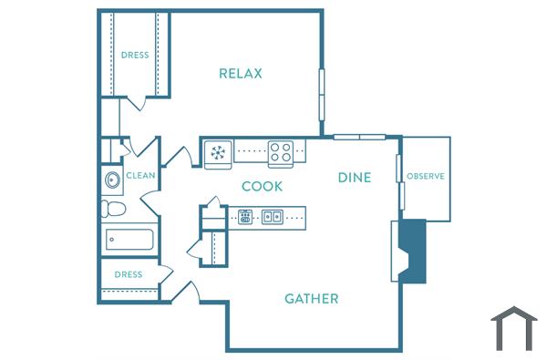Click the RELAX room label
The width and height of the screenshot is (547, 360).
pyautogui.click(x=241, y=73)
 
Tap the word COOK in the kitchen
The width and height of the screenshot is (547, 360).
pyautogui.click(x=262, y=186)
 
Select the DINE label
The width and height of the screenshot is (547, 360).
pyautogui.click(x=355, y=177)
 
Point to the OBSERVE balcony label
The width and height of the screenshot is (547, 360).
pyautogui.click(x=425, y=176)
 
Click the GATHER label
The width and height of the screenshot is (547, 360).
pyautogui.click(x=312, y=298)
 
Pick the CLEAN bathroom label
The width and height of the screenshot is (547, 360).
pyautogui.click(x=140, y=176)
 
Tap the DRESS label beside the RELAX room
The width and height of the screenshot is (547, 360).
pyautogui.click(x=135, y=55)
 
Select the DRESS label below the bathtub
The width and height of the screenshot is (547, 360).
pyautogui.click(x=128, y=274)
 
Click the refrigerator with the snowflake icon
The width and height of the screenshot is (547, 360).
pyautogui.click(x=219, y=152)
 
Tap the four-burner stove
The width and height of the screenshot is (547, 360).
pyautogui.click(x=280, y=152)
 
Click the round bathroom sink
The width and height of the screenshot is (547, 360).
pyautogui.click(x=112, y=180)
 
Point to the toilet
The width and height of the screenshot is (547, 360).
pyautogui.click(x=113, y=209)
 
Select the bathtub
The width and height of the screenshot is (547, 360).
pyautogui.click(x=129, y=240)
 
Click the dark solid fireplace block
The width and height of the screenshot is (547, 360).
pyautogui.click(x=414, y=251)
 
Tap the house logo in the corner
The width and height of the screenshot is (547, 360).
pyautogui.click(x=513, y=329)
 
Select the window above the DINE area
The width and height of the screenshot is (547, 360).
pyautogui.click(x=359, y=138)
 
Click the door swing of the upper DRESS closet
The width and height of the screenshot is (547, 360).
pyautogui.click(x=137, y=103)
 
